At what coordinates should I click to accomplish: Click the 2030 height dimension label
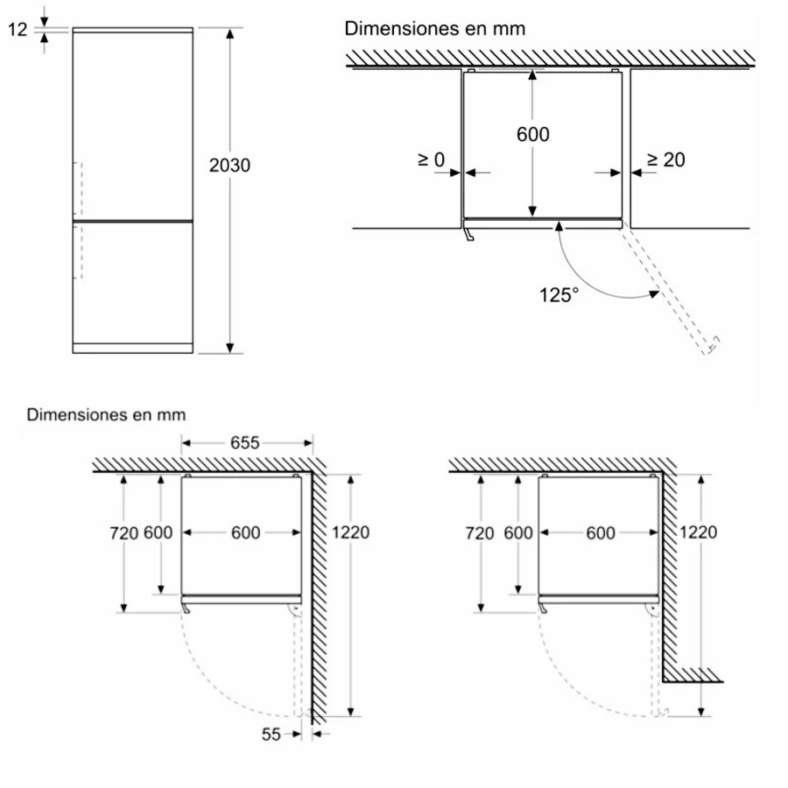point(229,165)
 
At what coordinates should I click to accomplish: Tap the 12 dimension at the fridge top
point(18,30)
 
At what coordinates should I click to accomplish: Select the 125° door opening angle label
point(559,295)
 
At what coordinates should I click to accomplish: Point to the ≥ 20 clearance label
point(666,160)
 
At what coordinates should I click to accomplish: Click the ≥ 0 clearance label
point(432,160)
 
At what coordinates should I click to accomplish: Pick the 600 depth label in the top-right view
point(532,134)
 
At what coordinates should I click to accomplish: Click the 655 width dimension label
point(245,443)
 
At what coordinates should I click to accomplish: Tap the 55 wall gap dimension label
point(271,735)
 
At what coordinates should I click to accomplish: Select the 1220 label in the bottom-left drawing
point(350,532)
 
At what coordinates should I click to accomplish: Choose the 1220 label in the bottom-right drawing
point(698,532)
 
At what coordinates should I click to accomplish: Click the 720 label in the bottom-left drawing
point(123,532)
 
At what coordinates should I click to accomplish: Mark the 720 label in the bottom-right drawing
point(480,532)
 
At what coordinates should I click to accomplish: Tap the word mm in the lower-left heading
point(172,415)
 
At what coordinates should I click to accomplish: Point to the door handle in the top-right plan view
point(469,235)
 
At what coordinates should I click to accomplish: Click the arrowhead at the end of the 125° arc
point(654,293)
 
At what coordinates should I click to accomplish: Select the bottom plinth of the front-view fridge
point(133,348)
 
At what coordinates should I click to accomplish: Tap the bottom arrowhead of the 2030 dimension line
point(229,348)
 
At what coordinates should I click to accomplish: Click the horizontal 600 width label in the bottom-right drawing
point(601,532)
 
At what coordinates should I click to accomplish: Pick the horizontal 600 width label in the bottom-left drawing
point(245,532)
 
